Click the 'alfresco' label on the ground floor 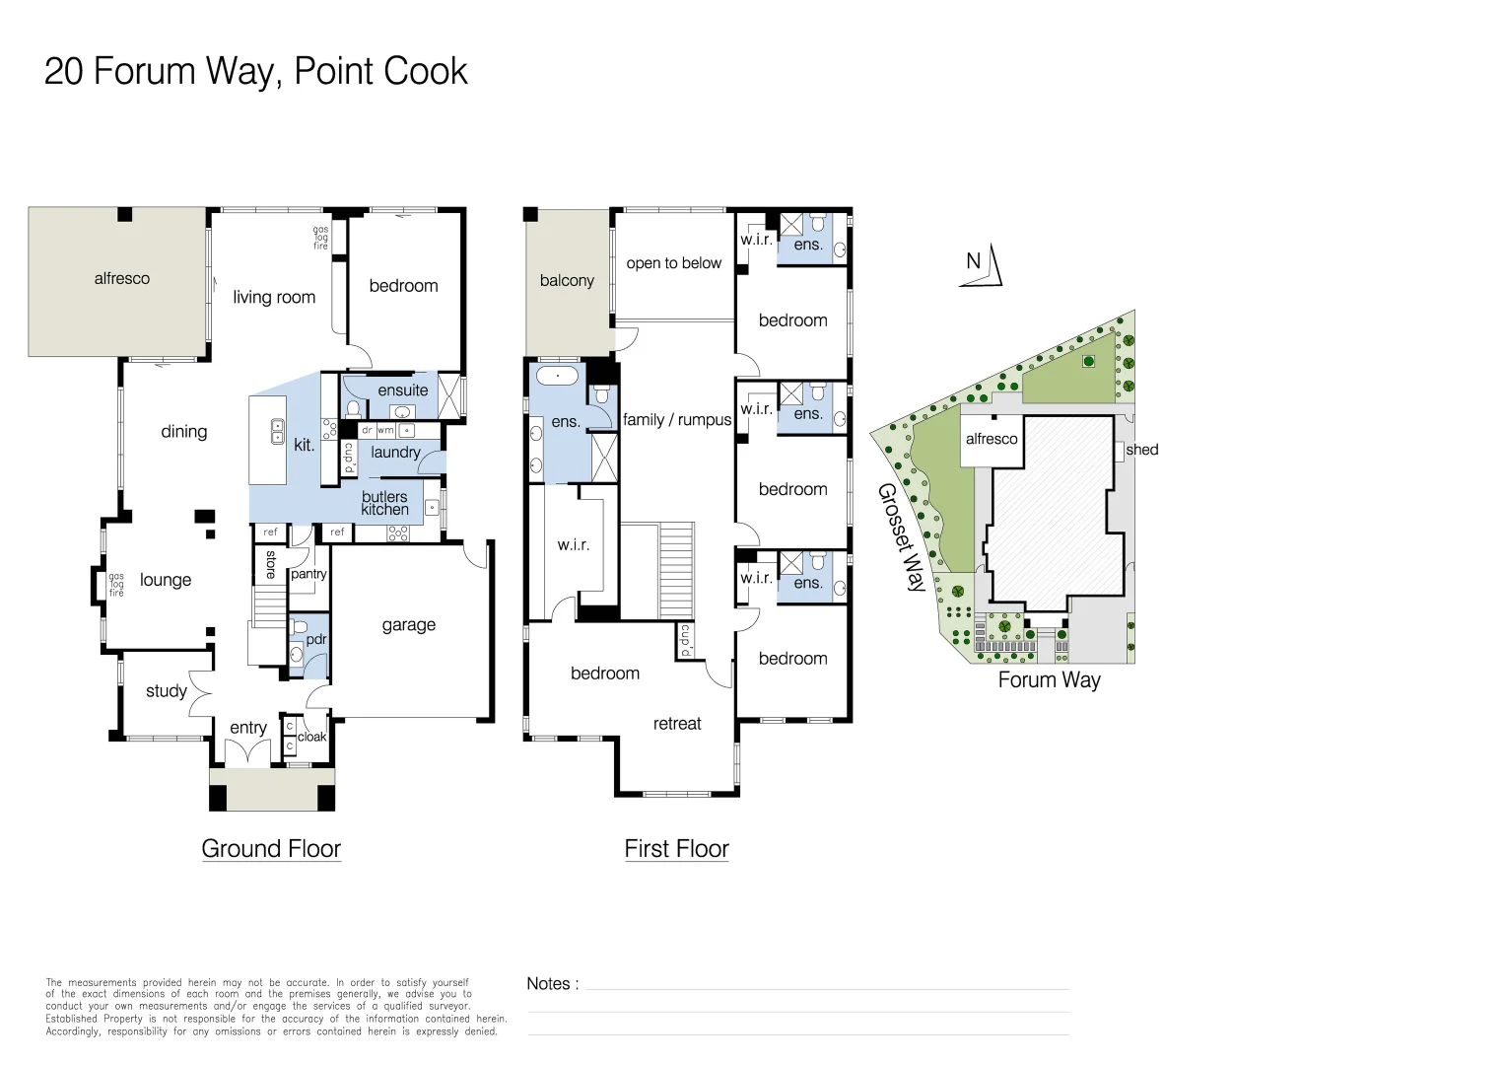coord(122,279)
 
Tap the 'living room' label coord(274,297)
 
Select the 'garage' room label coord(408,625)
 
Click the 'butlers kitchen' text coord(384,503)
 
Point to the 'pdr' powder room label coord(315,639)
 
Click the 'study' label coord(166,691)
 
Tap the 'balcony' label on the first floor coord(567,281)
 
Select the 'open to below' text coord(674,263)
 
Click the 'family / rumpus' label coord(677,420)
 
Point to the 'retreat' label coord(677,724)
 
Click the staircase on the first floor coord(676,570)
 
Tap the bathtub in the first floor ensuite coord(558,376)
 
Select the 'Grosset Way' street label coord(902,537)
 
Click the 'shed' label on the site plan coord(1141,450)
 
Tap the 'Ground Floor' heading coord(271,849)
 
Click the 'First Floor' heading coord(676,849)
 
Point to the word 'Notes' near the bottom coord(548,984)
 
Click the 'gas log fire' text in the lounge coord(116,585)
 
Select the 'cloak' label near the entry coord(311,737)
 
